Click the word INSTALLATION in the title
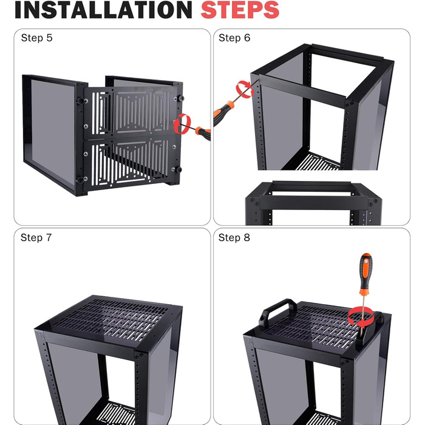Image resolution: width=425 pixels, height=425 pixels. (103, 10)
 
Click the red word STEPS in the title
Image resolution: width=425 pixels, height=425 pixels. (240, 10)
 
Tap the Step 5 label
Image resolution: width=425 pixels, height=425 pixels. (36, 38)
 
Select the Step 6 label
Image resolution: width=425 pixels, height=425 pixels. (234, 38)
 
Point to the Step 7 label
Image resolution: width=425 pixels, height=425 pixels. (36, 238)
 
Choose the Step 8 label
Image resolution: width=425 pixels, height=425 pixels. (234, 238)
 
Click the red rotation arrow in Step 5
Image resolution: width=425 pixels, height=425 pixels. (182, 124)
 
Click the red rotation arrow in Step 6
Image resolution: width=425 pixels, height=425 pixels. (245, 89)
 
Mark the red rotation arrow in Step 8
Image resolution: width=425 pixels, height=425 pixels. (361, 316)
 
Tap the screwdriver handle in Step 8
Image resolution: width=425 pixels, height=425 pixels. (365, 273)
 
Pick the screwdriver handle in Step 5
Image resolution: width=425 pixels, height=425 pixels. (203, 133)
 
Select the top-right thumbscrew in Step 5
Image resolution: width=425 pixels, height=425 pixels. (180, 98)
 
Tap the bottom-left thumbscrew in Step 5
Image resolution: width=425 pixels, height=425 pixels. (81, 180)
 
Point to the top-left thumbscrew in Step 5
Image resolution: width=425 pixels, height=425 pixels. (81, 101)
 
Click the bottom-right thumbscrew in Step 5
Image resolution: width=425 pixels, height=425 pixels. (178, 169)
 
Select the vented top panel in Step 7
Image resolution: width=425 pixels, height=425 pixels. (111, 317)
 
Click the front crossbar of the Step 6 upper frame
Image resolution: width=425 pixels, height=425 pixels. (301, 91)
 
